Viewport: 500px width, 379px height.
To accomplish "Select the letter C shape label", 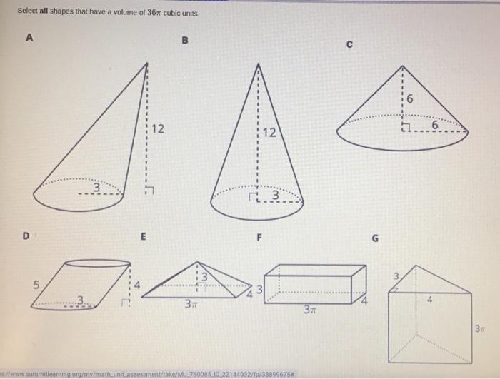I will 349,46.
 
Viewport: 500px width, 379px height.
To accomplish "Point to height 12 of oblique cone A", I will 158,129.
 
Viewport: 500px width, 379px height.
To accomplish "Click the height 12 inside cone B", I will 267,133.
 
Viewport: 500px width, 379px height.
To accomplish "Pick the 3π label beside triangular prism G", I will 481,328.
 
